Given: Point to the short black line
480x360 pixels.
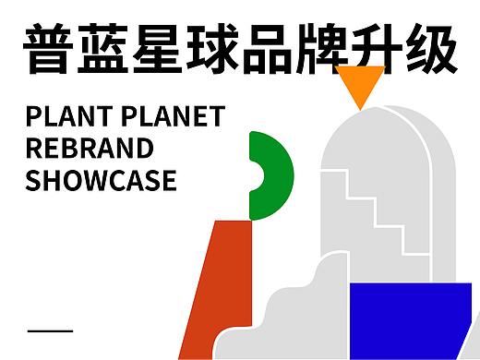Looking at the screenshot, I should [51, 330].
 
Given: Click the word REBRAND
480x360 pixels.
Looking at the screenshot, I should [90, 148].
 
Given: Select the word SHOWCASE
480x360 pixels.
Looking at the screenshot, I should [101, 179].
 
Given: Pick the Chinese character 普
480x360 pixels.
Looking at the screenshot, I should [49, 49].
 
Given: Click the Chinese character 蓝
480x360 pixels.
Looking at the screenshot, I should [104, 49].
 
